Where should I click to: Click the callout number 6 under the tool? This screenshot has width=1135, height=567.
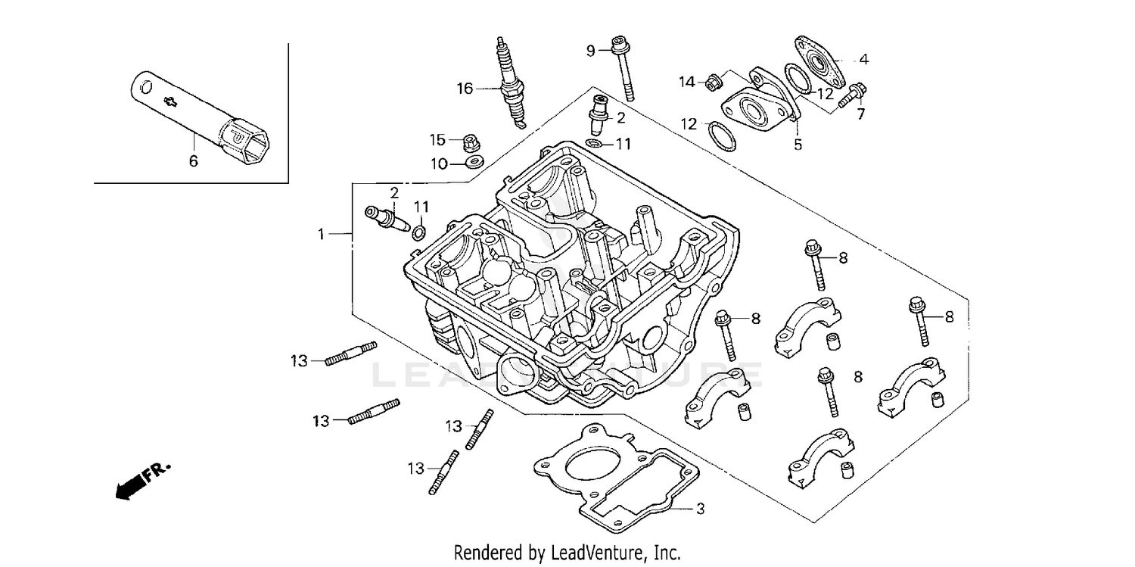194,160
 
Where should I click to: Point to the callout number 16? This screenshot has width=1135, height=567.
464,89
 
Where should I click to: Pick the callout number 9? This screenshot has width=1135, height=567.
591,51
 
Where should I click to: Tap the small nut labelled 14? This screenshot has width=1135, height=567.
712,82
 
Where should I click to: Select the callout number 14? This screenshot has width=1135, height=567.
686,82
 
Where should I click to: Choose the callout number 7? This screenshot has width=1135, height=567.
860,114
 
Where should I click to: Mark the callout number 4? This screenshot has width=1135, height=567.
863,59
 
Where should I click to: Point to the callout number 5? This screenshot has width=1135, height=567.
798,144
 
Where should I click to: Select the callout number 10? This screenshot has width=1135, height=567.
439,163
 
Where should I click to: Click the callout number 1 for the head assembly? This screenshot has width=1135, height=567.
321,235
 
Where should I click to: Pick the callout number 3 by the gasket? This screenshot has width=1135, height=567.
700,509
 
